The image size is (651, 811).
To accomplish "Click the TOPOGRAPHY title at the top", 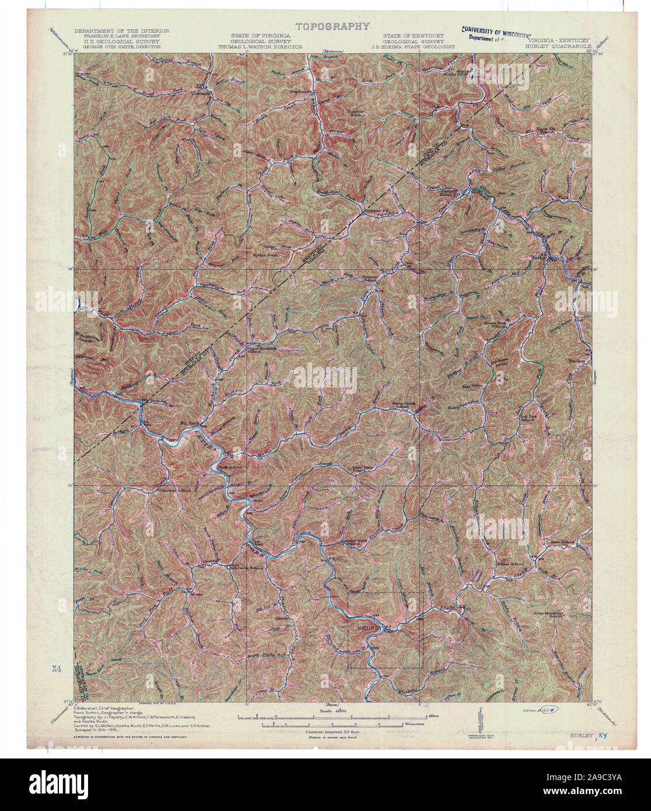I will (x=332, y=26).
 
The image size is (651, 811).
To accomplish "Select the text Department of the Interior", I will (x=121, y=30).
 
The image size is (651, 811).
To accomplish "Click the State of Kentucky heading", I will (x=413, y=35).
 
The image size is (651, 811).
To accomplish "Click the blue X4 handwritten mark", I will (x=57, y=666).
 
